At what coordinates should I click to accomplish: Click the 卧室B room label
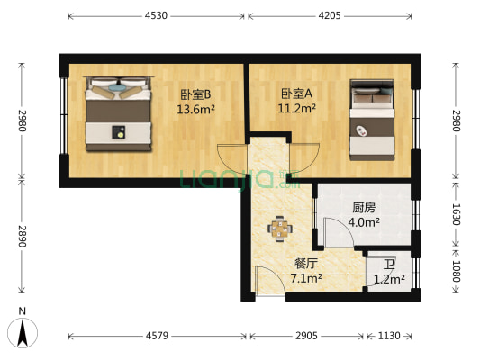point(195,93)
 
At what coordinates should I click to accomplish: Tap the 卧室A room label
point(296,93)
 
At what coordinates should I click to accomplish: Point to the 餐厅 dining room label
point(306,264)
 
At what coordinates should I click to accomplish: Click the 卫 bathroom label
point(388,265)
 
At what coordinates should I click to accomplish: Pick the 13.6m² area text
point(195,110)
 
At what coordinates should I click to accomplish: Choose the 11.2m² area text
point(296,110)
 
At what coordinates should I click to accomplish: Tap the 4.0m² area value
point(364,222)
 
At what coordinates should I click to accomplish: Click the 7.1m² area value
point(305,279)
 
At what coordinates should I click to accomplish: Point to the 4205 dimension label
point(330,15)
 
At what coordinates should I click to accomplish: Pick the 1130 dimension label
point(388,336)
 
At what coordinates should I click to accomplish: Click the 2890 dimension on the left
point(23,239)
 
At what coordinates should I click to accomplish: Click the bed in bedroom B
point(118,113)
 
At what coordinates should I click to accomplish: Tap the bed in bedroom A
point(372,120)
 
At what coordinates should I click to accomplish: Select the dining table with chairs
point(280,229)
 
